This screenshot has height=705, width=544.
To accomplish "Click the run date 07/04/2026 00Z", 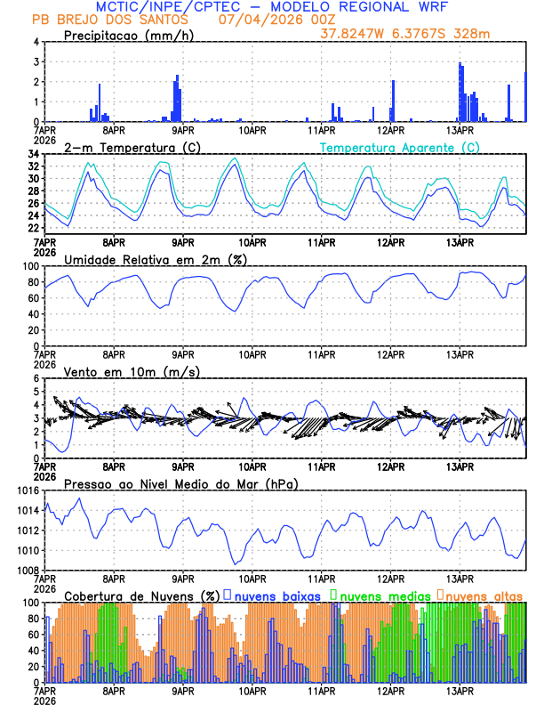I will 265,20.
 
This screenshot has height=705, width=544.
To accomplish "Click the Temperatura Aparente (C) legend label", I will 399,147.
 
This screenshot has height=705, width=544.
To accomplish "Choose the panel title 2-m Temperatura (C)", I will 132,147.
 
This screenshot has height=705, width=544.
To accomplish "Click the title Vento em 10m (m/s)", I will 132,371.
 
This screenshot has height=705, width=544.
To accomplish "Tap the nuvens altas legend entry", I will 484,595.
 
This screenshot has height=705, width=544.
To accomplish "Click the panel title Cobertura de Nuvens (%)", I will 141,595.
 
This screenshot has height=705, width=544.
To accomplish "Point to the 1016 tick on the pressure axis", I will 29,490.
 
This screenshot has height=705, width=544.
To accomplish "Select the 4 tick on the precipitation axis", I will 36,43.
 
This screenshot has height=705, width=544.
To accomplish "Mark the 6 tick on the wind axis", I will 36,379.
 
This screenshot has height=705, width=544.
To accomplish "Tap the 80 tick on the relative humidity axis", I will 33,283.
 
